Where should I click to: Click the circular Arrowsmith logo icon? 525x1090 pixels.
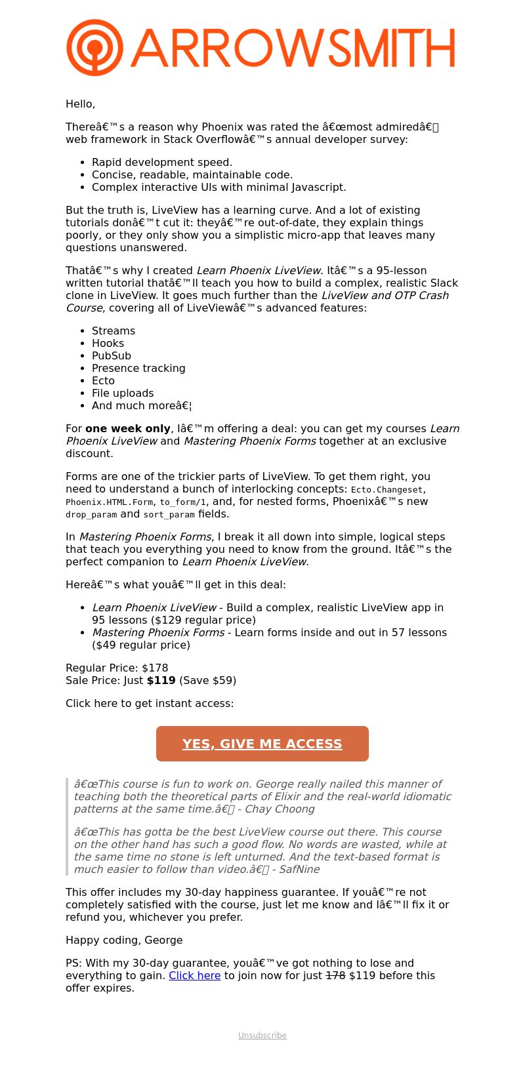coord(94,47)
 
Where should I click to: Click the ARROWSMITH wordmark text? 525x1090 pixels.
coord(293,48)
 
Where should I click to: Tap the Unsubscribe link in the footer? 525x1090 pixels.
coord(262,1035)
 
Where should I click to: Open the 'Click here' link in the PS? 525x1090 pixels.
coord(194,975)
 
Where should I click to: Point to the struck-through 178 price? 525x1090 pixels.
coord(335,975)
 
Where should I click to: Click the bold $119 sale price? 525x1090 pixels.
coord(161,680)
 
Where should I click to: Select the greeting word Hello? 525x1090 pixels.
coord(80,104)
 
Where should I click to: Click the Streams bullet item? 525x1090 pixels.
coord(114,331)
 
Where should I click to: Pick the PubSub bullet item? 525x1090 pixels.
coord(112,355)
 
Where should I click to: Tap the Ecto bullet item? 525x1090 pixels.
coord(103,380)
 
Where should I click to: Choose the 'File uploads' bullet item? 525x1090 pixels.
coord(123,393)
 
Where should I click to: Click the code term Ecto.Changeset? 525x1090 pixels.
coord(387,489)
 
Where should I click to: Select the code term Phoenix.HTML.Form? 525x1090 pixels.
coord(110,502)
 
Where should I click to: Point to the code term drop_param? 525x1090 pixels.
coord(91,514)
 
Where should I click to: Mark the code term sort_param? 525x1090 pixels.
coord(169,514)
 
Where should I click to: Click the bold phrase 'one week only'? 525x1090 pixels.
coord(128,428)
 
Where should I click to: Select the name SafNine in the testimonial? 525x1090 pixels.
coord(299,869)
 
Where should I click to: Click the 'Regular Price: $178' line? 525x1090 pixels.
coord(117,668)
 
